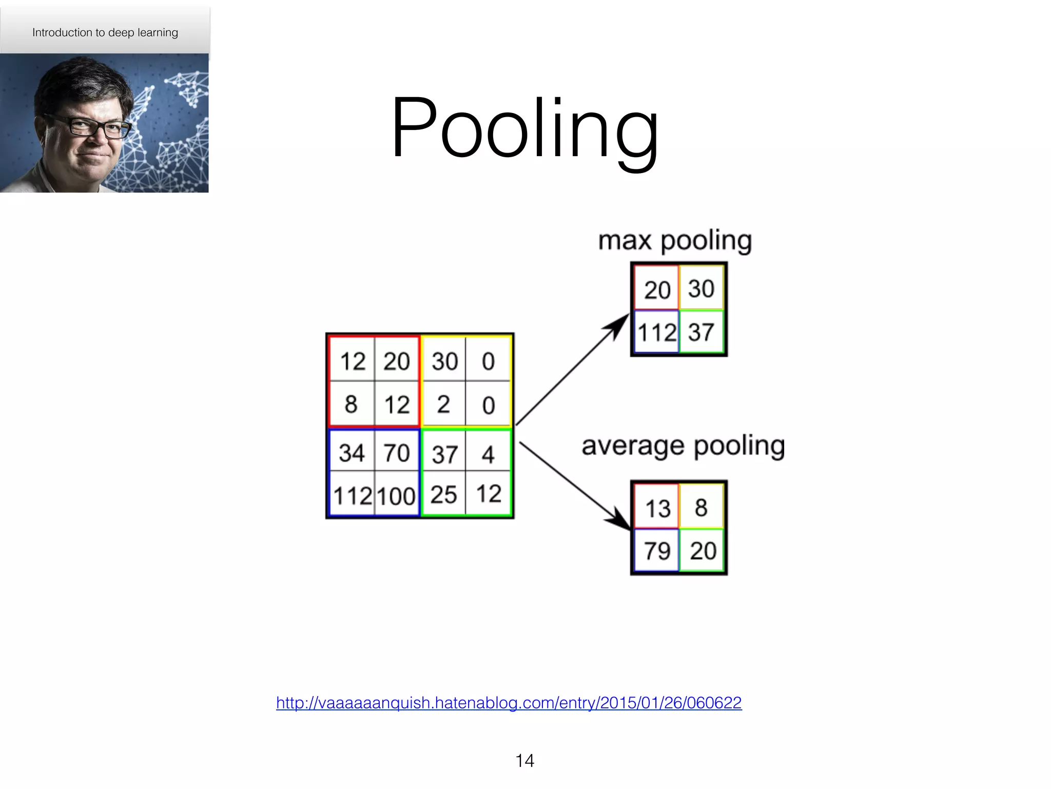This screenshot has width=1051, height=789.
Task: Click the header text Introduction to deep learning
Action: click(105, 32)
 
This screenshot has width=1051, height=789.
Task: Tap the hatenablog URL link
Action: click(509, 702)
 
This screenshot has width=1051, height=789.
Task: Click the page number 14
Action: click(524, 760)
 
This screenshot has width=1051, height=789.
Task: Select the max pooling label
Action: click(675, 240)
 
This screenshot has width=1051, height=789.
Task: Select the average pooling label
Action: click(683, 446)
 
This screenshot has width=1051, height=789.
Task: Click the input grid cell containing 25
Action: click(443, 495)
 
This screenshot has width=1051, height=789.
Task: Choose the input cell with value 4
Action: click(488, 454)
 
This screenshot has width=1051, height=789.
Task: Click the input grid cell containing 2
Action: click(443, 405)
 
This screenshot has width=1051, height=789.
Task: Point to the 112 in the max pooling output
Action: click(657, 332)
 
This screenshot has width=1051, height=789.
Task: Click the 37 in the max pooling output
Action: click(701, 332)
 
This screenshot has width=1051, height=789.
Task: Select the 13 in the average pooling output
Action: click(657, 509)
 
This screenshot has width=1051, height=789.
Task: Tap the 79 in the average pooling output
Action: click(657, 551)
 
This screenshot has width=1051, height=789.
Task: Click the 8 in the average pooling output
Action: click(701, 508)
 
